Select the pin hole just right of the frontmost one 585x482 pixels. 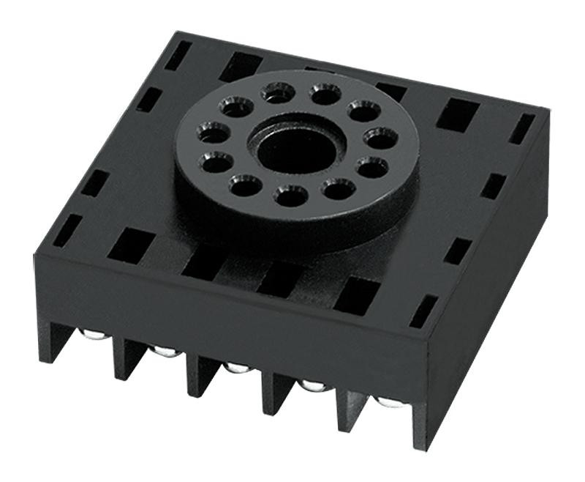[x=337, y=189]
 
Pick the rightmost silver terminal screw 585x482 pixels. [x=388, y=402]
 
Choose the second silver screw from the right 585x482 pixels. [x=313, y=385]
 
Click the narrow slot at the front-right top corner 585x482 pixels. [x=423, y=311]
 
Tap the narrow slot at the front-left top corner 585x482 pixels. [x=67, y=229]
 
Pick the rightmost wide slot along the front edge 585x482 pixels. [x=357, y=294]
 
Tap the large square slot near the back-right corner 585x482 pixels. [x=458, y=114]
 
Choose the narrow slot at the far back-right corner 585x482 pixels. [x=521, y=129]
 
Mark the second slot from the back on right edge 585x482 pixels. [x=494, y=186]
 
